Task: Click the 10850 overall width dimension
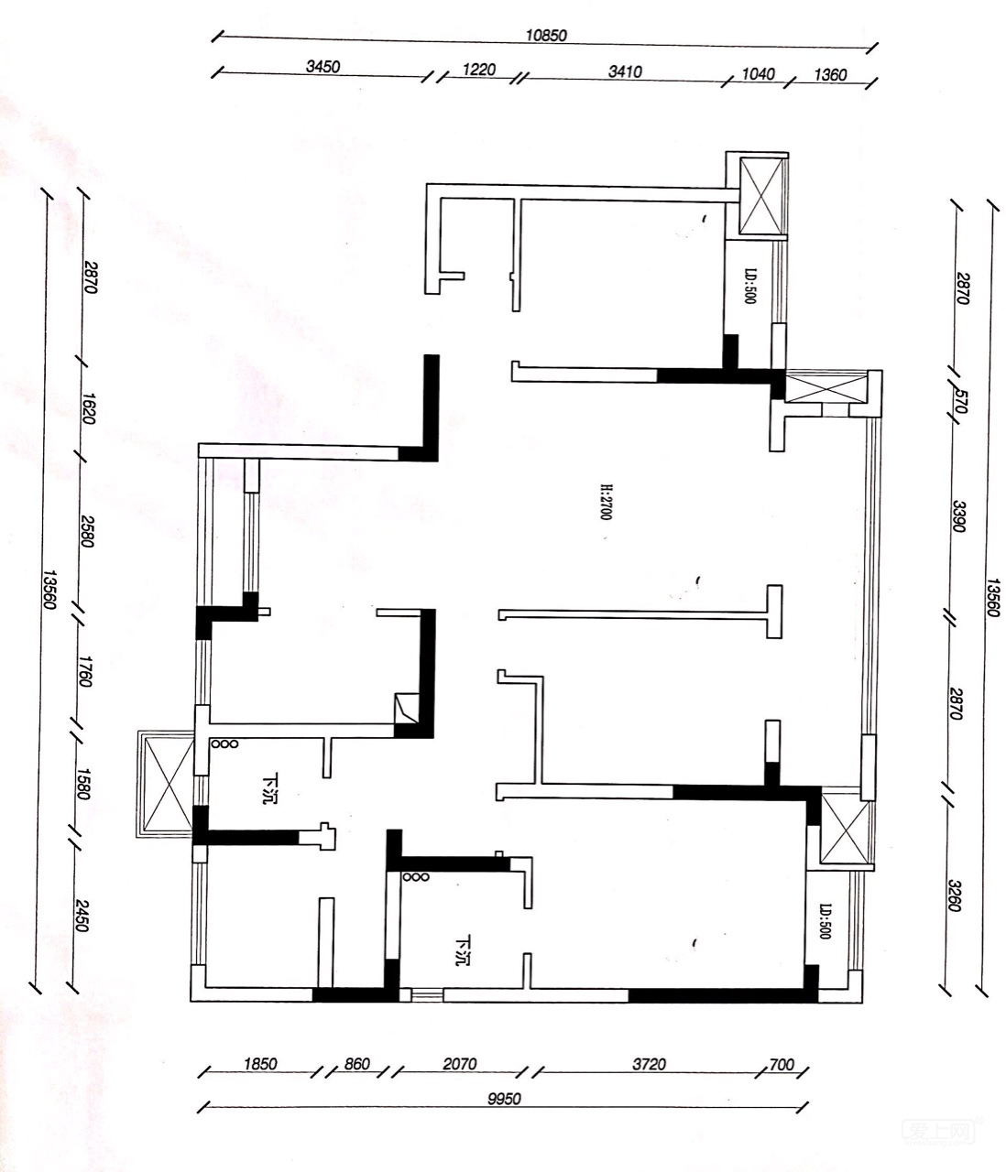[x=546, y=35]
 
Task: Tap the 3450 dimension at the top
[x=323, y=66]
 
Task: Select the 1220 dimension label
[x=479, y=70]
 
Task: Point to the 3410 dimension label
[x=625, y=71]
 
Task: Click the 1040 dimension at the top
[x=758, y=74]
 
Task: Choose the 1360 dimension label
[x=830, y=75]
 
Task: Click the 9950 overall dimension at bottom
[x=504, y=1100]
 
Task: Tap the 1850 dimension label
[x=260, y=1064]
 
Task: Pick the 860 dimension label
[x=357, y=1064]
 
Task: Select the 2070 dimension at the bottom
[x=460, y=1064]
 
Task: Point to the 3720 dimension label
[x=649, y=1064]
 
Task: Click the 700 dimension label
[x=782, y=1064]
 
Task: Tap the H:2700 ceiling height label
[x=606, y=502]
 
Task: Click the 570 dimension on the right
[x=960, y=401]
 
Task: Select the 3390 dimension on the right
[x=958, y=516]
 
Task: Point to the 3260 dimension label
[x=955, y=895]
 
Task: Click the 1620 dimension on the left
[x=89, y=408]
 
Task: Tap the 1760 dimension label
[x=84, y=671]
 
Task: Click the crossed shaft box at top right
[x=762, y=196]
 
